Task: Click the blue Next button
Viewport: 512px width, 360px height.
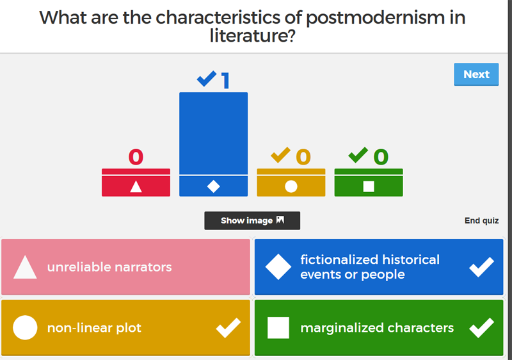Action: coord(476,74)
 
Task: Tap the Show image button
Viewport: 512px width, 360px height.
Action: coord(252,220)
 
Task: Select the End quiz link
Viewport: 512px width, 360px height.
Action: coord(481,221)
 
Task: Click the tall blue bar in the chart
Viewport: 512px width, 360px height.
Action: coord(213,133)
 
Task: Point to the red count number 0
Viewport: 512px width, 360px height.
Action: coord(136,157)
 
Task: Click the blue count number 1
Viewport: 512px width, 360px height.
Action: coord(226,80)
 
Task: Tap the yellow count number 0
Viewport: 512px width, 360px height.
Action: coord(303,157)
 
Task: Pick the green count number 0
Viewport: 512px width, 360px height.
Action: coord(381,157)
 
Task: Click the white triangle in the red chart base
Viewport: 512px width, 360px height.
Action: coord(136,186)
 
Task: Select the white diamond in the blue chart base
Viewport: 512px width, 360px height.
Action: coord(214,186)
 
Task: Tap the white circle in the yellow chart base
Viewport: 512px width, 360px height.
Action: coord(291,186)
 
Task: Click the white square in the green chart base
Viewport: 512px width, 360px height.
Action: coord(369,186)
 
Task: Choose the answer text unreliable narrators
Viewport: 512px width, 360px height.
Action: coord(109,267)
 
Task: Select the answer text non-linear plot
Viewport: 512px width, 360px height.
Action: coord(94,328)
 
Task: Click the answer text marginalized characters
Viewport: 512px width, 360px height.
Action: coord(377,328)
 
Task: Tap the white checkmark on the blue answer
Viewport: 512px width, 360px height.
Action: coord(482,267)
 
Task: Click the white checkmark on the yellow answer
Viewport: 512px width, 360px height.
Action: coord(228,328)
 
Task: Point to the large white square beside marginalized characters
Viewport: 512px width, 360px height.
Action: coord(278,328)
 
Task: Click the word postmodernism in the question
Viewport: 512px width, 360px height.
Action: coord(375,18)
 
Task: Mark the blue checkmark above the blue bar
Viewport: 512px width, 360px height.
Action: coord(207,79)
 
